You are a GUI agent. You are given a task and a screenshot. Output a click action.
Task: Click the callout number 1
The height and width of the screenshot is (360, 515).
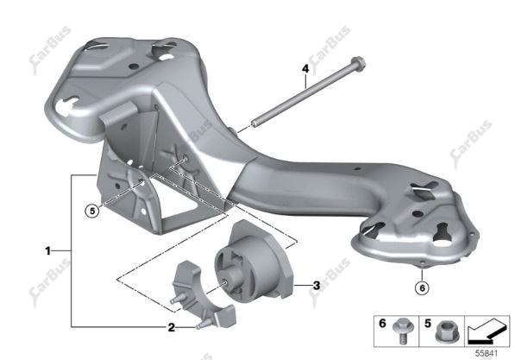(x=48, y=251)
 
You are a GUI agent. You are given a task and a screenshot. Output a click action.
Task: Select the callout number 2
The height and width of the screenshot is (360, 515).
(x=171, y=327)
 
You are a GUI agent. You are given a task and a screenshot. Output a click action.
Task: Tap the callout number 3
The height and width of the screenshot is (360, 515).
(x=317, y=286)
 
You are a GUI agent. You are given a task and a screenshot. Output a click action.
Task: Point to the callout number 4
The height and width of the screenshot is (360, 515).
(x=305, y=69)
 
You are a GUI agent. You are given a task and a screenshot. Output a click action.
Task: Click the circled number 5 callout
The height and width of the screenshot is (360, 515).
(x=92, y=211)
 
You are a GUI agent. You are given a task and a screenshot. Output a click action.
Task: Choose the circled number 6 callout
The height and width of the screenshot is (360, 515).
(x=422, y=288)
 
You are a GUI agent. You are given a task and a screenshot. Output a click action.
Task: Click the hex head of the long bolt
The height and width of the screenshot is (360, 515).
(x=359, y=62)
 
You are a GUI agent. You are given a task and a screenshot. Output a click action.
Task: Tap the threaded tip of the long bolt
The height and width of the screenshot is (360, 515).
(x=254, y=124)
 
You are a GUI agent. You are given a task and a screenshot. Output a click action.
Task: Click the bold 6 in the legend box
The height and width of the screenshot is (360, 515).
(x=382, y=324)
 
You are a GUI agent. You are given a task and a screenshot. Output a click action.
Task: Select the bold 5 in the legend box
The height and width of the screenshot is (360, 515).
(x=427, y=324)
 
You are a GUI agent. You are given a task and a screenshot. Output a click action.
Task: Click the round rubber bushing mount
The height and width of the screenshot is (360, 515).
(x=254, y=261)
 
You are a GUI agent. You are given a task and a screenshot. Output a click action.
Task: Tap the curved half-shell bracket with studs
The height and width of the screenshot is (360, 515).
(x=203, y=296)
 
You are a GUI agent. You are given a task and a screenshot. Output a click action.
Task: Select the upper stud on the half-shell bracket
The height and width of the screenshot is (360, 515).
(x=176, y=300)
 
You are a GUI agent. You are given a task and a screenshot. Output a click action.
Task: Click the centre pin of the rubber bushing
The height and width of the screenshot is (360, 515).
(x=226, y=282)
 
